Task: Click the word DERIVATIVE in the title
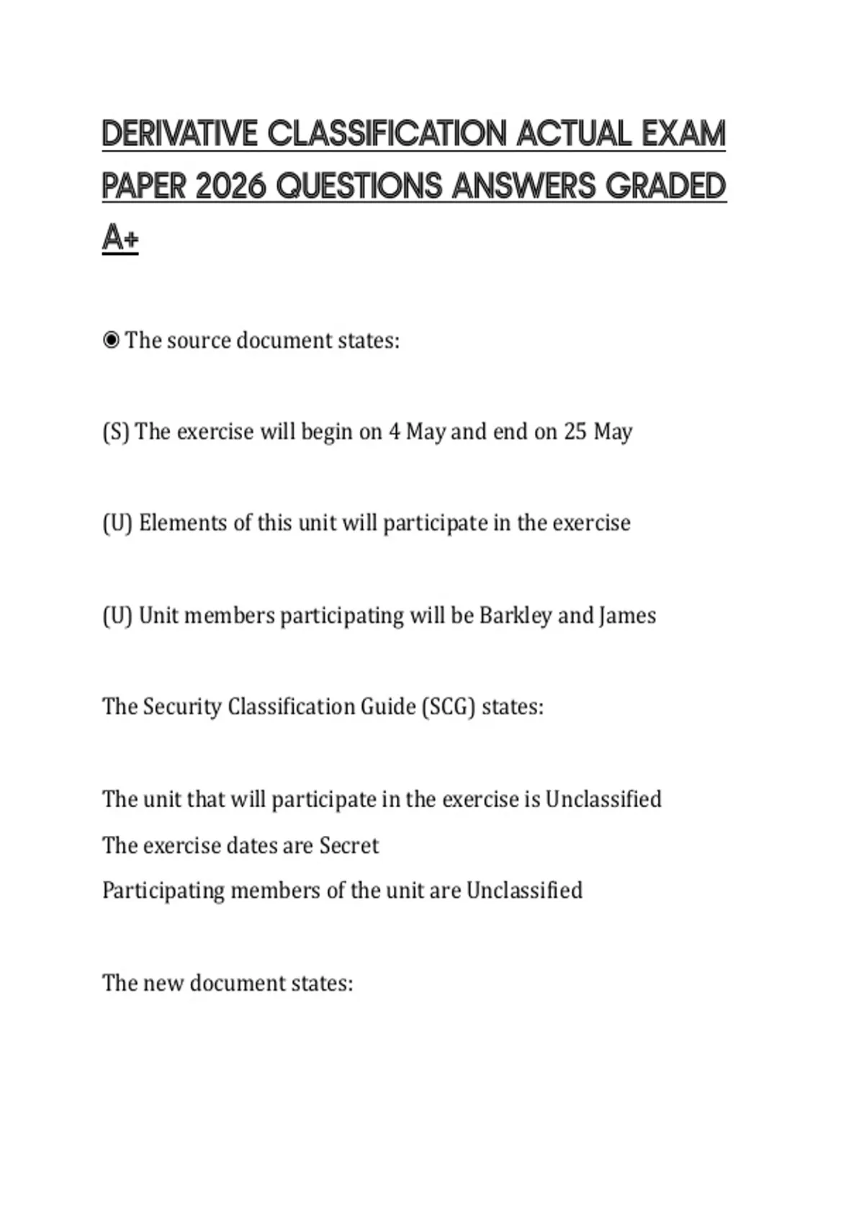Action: click(x=179, y=134)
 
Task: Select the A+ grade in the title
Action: click(x=120, y=238)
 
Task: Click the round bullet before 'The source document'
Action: click(x=111, y=340)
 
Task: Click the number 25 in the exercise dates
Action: click(x=575, y=432)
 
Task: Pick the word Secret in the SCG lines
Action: click(x=349, y=845)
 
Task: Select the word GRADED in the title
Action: click(x=665, y=186)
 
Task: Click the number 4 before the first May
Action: click(x=394, y=432)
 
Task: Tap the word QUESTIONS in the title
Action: click(x=359, y=186)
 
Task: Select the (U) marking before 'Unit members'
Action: click(x=117, y=616)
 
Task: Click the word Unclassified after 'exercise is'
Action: click(x=603, y=799)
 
